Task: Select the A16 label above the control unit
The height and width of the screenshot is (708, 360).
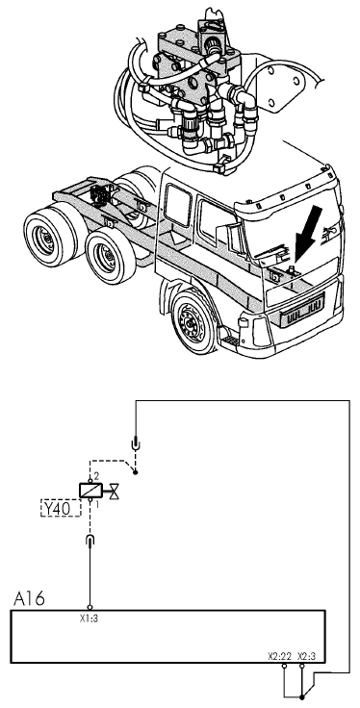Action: tap(29, 599)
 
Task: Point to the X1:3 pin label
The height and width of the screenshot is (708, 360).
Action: tap(89, 619)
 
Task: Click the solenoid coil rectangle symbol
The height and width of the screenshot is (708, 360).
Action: tap(90, 491)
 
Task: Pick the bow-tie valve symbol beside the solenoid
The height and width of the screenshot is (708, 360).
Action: tap(115, 491)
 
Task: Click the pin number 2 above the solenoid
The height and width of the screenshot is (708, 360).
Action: tap(96, 477)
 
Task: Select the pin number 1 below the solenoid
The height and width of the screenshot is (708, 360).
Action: tap(96, 502)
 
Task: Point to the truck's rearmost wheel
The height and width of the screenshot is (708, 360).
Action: tap(45, 237)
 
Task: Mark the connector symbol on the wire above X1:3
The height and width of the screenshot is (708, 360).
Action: tap(90, 539)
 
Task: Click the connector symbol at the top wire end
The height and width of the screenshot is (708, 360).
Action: tap(135, 444)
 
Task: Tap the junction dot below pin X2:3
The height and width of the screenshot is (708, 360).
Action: tap(302, 697)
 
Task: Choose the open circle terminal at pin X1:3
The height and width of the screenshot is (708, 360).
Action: tap(90, 607)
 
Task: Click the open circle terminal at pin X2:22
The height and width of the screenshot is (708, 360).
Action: tap(284, 666)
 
